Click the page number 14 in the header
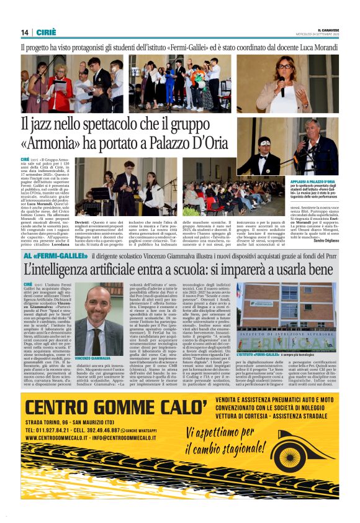(x=25, y=32)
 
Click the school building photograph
(x=287, y=316)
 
